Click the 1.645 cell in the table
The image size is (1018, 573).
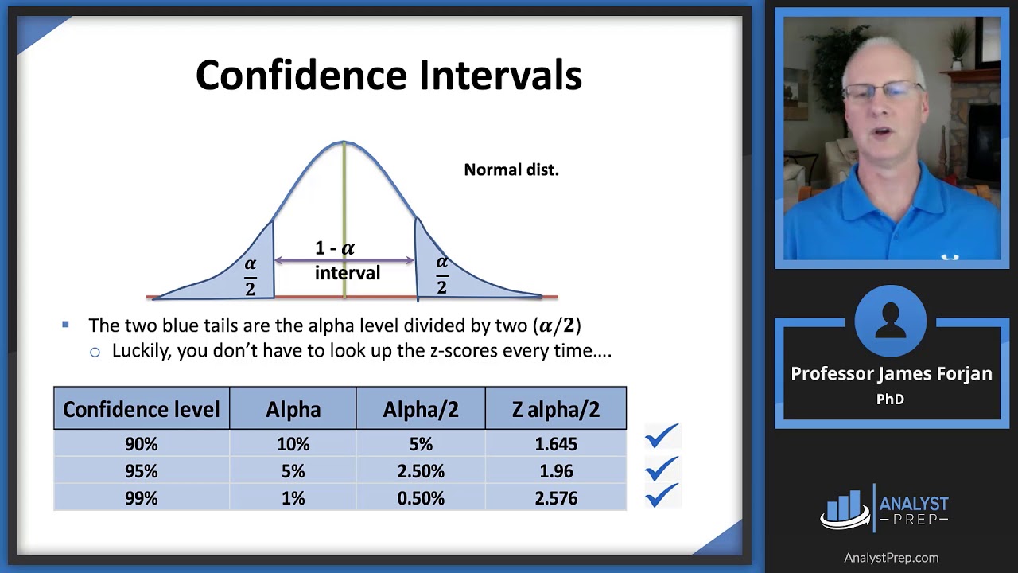pos(556,444)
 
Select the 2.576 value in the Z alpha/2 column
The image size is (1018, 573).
pos(556,498)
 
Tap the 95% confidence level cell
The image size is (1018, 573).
pos(142,471)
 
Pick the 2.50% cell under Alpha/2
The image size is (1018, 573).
pos(421,471)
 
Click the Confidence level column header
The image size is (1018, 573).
pos(142,409)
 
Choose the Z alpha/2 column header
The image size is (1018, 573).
pos(556,409)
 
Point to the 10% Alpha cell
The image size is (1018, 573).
pos(293,444)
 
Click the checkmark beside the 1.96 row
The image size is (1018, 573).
pos(662,469)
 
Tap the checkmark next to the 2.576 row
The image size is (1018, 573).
pos(662,495)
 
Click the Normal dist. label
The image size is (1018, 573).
pos(511,170)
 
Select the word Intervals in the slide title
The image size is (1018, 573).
pos(500,75)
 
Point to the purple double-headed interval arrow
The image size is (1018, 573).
pos(344,260)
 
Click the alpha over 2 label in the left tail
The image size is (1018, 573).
pos(251,277)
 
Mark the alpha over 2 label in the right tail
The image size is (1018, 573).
pos(442,275)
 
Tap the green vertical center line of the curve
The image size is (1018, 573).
pos(344,220)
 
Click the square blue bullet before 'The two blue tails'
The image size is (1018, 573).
pos(65,325)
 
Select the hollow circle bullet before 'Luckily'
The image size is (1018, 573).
pos(95,353)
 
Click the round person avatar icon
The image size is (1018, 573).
pos(890,321)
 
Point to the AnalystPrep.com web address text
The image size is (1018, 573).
pos(892,558)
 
